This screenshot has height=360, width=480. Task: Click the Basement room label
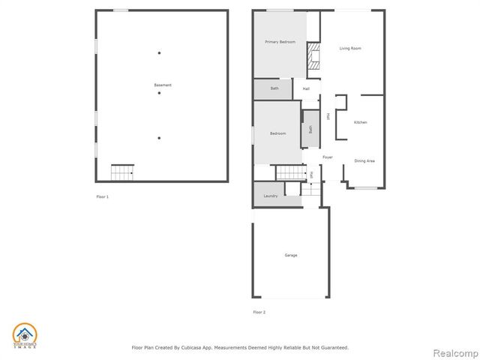tap(163, 85)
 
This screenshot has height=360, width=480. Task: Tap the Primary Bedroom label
tap(280, 42)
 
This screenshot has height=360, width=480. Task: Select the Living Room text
tap(350, 48)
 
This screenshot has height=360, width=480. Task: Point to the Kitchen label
tap(361, 121)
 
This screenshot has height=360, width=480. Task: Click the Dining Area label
tap(364, 160)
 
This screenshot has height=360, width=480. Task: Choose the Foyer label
tap(328, 157)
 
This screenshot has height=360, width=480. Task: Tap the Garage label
tap(290, 255)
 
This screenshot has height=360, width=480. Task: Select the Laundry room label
tap(271, 196)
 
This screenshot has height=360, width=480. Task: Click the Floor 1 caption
tap(103, 196)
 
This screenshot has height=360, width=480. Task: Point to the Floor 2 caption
tap(259, 311)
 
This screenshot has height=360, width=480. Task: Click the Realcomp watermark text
tap(453, 352)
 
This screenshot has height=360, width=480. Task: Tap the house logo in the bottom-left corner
tap(24, 336)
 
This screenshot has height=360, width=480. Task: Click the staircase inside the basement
tap(122, 172)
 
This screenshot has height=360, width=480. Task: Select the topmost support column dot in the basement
tap(159, 52)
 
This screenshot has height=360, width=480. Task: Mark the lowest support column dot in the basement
tap(159, 138)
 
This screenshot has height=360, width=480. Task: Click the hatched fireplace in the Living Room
tap(315, 56)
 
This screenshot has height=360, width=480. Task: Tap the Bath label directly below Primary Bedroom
tap(274, 88)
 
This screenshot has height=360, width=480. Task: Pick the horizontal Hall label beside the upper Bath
tap(306, 89)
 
